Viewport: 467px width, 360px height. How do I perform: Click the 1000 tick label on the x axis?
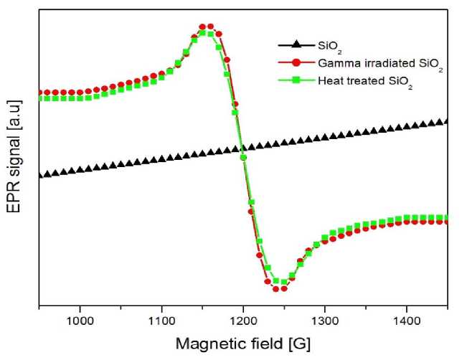80,318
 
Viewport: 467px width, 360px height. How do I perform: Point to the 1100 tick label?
161,318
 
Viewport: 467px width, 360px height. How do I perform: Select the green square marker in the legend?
296,82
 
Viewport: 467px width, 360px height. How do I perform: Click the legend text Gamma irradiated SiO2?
381,65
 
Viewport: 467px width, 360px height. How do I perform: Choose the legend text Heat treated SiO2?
367,83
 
